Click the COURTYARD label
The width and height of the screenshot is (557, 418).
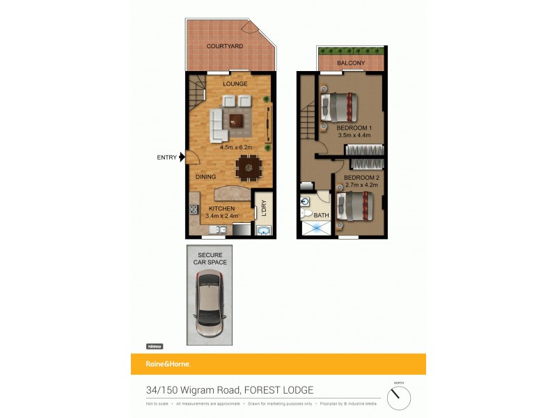[x=225, y=47]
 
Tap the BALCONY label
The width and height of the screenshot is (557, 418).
[x=351, y=63]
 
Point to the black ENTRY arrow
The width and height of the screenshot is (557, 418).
[x=182, y=157]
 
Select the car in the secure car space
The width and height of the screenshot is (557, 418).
[x=210, y=303]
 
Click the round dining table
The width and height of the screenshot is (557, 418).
[x=247, y=167]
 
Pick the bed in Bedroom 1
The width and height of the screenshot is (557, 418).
[x=338, y=107]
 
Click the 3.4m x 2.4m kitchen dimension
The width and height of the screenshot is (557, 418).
[x=222, y=216]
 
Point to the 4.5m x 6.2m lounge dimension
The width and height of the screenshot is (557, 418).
[x=237, y=148]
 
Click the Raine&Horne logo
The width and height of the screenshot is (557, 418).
[x=168, y=364]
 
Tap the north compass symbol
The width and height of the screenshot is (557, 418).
[x=399, y=398]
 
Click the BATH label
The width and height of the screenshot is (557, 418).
[x=321, y=215]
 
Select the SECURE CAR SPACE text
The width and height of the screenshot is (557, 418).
[x=210, y=258]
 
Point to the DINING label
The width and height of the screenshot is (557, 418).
[x=205, y=177]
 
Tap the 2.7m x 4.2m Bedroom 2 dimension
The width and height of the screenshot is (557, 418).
[x=361, y=185]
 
